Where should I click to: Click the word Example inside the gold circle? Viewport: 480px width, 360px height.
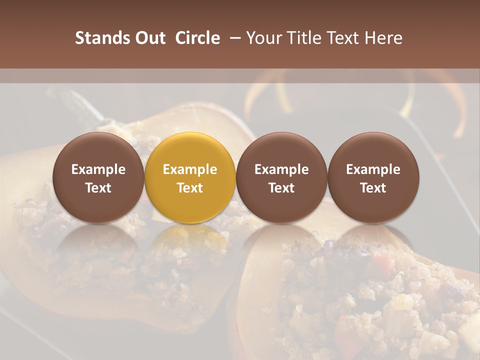pos(190,169)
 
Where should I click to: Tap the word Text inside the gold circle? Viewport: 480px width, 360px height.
pos(190,188)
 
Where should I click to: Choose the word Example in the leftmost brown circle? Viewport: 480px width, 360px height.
pos(98,169)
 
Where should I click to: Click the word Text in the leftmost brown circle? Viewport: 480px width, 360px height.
pos(98,188)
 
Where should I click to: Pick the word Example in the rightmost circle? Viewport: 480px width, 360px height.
pos(373,169)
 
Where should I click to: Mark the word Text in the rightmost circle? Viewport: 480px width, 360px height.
pos(373,188)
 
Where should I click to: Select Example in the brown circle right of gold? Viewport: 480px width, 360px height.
pos(281,169)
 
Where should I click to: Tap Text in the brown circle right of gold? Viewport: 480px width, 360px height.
pos(281,188)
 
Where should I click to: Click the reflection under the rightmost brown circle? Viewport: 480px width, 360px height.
pos(373,245)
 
